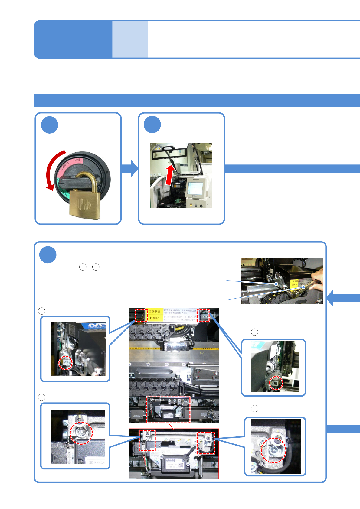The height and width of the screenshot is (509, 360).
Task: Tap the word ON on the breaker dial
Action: [x=77, y=160]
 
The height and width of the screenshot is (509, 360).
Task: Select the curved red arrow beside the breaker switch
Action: [x=52, y=171]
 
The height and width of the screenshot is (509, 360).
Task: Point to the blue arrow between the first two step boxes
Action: [x=129, y=168]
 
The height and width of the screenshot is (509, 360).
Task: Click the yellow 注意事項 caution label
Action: [x=154, y=311]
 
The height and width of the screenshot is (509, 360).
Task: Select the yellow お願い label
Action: [x=154, y=318]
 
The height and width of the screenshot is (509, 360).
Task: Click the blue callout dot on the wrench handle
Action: [x=304, y=287]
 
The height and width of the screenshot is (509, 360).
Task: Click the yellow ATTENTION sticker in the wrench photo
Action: [x=294, y=283]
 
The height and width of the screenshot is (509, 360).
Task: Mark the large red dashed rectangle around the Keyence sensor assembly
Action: [x=169, y=410]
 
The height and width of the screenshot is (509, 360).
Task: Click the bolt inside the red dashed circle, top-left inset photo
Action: [x=66, y=362]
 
